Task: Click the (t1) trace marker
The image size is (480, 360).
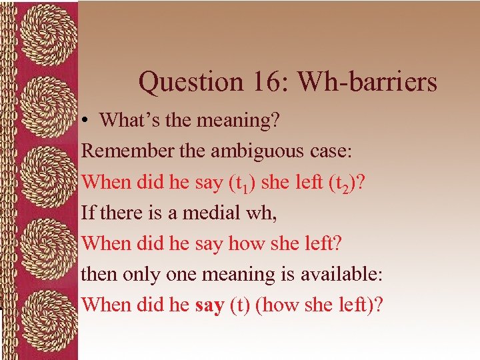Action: tap(236, 182)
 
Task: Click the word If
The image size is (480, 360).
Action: tap(87, 212)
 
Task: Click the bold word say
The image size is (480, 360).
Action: tap(210, 305)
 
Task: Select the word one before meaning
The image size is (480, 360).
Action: tap(177, 274)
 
